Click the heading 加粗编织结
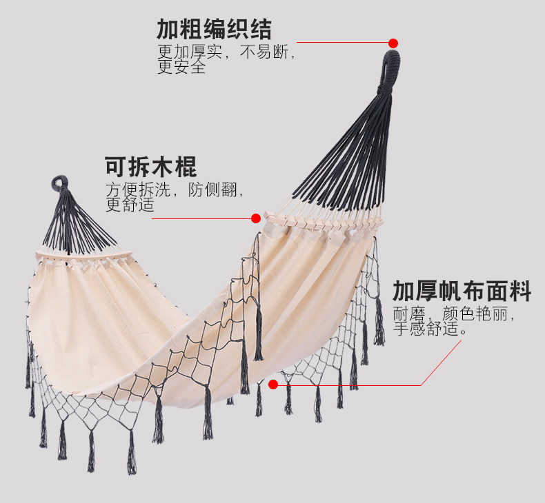[214, 29]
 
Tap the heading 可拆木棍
[150, 167]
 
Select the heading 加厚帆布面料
[462, 291]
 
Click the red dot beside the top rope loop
[393, 43]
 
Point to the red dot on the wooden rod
[256, 218]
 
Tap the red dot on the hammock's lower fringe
[273, 384]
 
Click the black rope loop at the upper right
[390, 65]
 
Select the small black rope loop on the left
[59, 183]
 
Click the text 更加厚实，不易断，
[226, 52]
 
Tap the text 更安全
[181, 68]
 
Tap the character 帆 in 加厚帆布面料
[462, 291]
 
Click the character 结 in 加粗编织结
[261, 29]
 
